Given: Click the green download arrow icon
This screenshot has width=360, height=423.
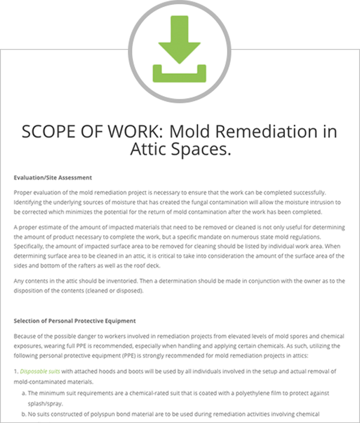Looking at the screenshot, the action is tap(180, 49).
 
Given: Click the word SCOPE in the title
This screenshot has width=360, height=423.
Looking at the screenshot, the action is tap(52, 132).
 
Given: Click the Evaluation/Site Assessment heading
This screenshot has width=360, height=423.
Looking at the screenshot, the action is tap(52, 177).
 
